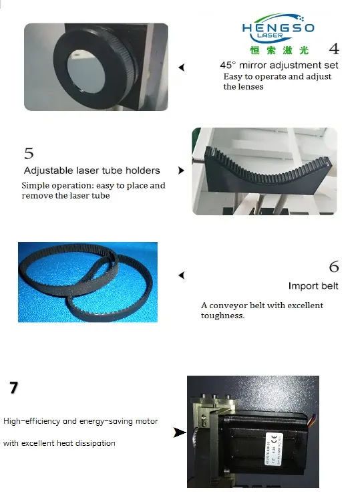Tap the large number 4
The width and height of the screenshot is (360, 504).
tap(334, 49)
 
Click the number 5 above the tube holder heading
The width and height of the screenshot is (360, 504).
tap(29, 153)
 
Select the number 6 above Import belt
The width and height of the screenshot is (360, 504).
tap(334, 267)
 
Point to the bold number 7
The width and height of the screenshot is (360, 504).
tap(13, 388)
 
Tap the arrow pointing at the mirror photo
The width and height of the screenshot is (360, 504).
tap(182, 68)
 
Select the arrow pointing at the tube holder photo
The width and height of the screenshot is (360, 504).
tap(181, 170)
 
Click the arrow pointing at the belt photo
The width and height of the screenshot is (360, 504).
tap(182, 275)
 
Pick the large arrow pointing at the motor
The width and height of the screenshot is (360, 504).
tap(180, 432)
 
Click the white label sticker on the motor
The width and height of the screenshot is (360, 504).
tap(274, 449)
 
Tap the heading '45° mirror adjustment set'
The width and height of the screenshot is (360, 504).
tap(279, 66)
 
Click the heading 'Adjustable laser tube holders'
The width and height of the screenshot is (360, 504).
tap(92, 170)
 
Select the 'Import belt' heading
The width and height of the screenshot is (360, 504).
tap(313, 285)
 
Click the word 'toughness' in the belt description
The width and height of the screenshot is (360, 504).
tap(222, 316)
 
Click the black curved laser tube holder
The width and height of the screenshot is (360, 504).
tap(267, 172)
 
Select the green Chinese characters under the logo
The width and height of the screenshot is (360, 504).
tap(279, 50)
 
